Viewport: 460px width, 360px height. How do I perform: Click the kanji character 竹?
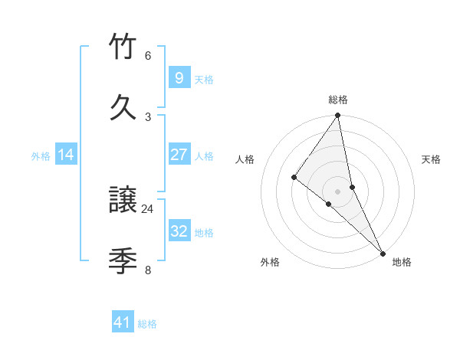123,47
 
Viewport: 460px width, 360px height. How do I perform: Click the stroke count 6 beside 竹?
148,56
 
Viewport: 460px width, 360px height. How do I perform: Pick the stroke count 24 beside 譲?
148,208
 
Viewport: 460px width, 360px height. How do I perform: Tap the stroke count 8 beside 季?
148,270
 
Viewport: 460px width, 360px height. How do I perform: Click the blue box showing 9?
179,77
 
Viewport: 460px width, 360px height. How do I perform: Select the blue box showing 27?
179,155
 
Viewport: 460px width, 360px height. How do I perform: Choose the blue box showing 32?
179,231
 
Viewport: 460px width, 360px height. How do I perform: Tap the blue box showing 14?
66,155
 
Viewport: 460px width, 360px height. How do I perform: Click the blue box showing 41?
123,322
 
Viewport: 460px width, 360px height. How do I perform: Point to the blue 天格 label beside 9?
204,79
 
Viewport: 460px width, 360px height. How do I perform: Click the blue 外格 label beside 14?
41,156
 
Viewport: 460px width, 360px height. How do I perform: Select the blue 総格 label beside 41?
147,324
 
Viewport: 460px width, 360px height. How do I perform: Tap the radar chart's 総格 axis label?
338,100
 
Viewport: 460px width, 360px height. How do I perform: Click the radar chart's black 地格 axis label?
402,262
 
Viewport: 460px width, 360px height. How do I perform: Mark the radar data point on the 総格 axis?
338,116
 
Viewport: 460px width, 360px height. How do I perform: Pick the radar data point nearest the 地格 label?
383,252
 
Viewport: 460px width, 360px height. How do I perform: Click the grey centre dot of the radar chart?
338,191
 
